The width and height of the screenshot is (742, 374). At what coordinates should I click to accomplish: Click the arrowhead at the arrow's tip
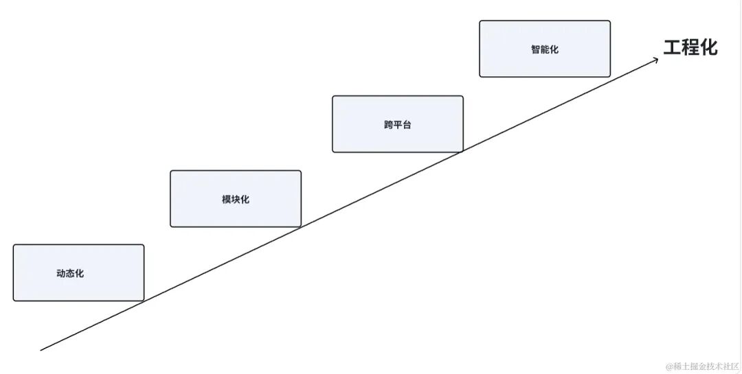coord(657,59)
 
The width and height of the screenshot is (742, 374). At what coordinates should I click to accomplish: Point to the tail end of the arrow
coord(42,350)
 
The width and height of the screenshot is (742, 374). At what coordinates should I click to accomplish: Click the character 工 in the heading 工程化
coord(672,47)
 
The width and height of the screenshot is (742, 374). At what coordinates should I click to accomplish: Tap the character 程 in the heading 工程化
coord(690,47)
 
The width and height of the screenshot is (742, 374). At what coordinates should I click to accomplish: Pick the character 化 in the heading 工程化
coord(708,47)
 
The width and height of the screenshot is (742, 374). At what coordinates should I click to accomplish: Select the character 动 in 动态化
coord(61,273)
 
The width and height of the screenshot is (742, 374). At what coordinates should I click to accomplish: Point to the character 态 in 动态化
coord(70,273)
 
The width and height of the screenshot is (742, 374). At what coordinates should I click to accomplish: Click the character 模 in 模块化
coord(226,199)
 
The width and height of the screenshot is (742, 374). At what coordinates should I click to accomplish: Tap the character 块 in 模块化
coord(236,199)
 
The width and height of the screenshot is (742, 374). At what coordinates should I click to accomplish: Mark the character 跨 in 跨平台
coord(388,125)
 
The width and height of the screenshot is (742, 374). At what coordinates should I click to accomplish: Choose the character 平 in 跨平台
coord(398,125)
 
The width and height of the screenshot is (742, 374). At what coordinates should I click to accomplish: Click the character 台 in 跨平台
coord(407,125)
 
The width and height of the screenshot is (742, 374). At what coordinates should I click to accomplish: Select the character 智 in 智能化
coord(535,49)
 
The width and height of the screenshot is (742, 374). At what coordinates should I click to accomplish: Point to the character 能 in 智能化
coord(545,49)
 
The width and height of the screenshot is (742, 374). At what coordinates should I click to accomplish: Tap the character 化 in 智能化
coord(554,49)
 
